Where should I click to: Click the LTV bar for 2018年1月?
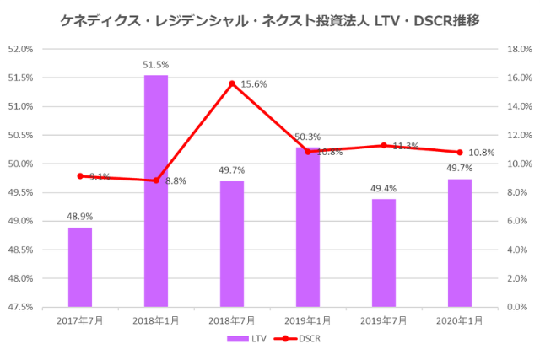point(156,191)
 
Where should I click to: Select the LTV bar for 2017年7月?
point(80,266)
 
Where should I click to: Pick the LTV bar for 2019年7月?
point(384,252)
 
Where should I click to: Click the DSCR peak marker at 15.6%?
point(232,83)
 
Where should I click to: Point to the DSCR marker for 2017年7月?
point(80,176)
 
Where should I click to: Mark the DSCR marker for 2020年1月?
point(460,153)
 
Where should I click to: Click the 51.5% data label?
point(156,64)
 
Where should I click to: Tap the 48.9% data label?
point(80,217)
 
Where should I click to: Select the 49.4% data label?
point(384,188)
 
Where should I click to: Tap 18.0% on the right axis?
point(519,49)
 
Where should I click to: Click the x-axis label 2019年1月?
point(308,321)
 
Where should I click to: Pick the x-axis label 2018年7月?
point(232,321)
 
